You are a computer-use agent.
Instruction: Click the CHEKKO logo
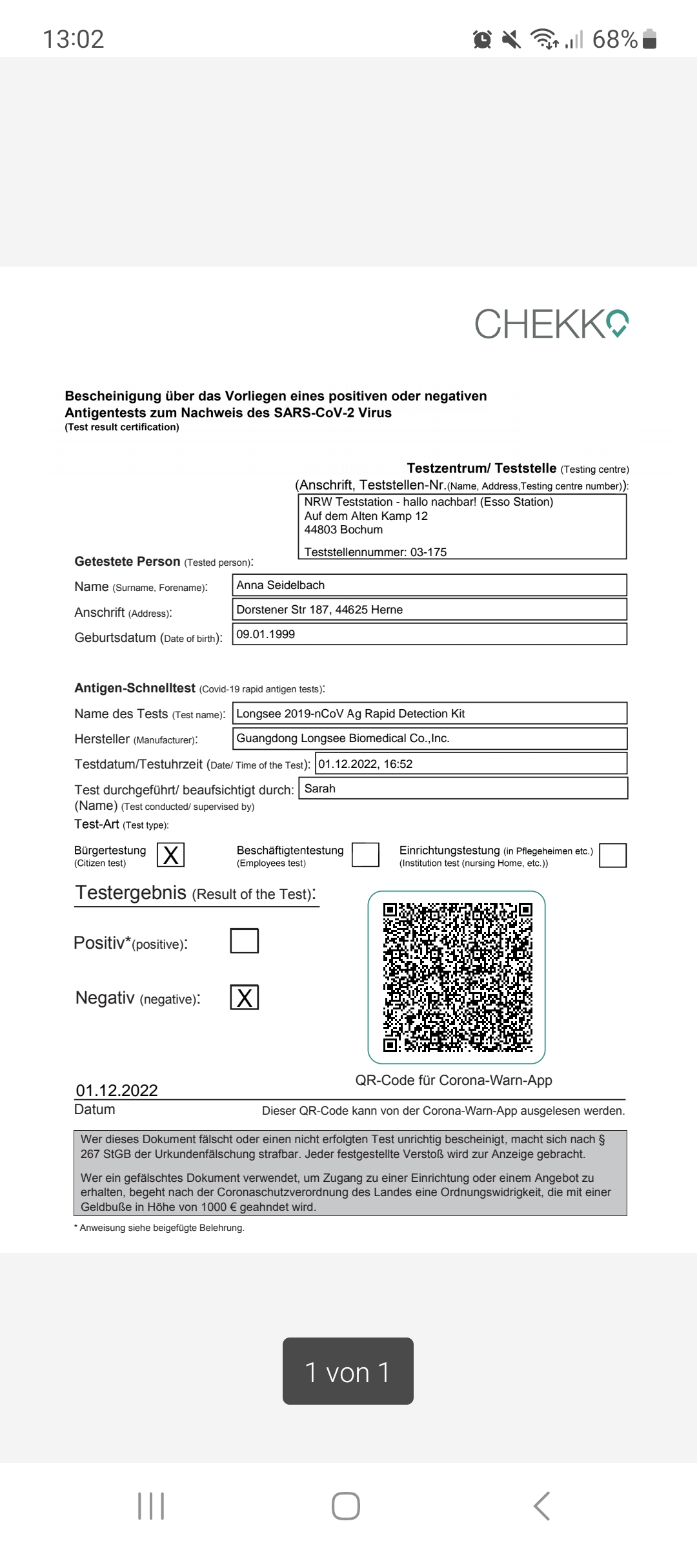click(x=552, y=324)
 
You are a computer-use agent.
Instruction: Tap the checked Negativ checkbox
click(x=245, y=997)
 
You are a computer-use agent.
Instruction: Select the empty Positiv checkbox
click(x=245, y=941)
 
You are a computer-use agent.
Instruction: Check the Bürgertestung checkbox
click(x=171, y=855)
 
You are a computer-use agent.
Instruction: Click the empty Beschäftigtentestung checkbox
click(x=365, y=855)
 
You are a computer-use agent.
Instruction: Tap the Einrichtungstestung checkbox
click(x=612, y=855)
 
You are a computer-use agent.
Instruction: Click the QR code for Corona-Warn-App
click(x=457, y=977)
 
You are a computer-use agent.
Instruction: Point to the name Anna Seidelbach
click(x=281, y=585)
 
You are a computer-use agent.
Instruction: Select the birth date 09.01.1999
click(x=266, y=634)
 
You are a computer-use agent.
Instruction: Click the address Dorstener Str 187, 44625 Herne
click(x=319, y=610)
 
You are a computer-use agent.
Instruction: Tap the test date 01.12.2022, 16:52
click(x=365, y=764)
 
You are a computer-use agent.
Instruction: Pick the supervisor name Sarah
click(x=320, y=789)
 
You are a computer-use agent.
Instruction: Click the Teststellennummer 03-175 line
click(x=376, y=552)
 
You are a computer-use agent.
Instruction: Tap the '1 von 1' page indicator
click(x=348, y=1372)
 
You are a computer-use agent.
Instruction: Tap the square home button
click(x=346, y=1506)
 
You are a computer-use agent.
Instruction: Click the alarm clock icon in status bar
click(x=482, y=40)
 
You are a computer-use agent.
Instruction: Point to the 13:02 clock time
click(x=73, y=39)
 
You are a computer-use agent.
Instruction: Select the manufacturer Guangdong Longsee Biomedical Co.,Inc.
click(x=343, y=738)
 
